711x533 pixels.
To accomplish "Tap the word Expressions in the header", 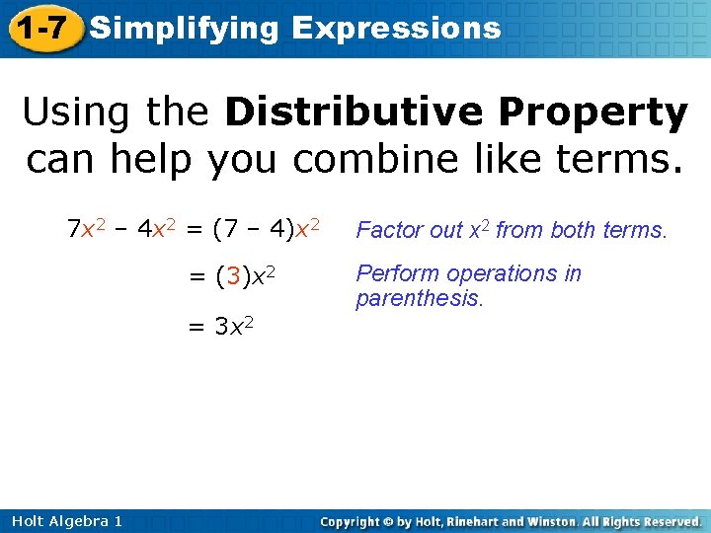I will point(397,29).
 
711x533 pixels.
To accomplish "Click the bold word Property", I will point(592,114).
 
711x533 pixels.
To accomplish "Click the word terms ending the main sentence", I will point(620,158).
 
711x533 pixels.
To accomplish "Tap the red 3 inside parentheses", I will point(232,276).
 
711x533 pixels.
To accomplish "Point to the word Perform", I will point(391,274).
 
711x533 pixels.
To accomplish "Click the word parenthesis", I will point(420,298).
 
